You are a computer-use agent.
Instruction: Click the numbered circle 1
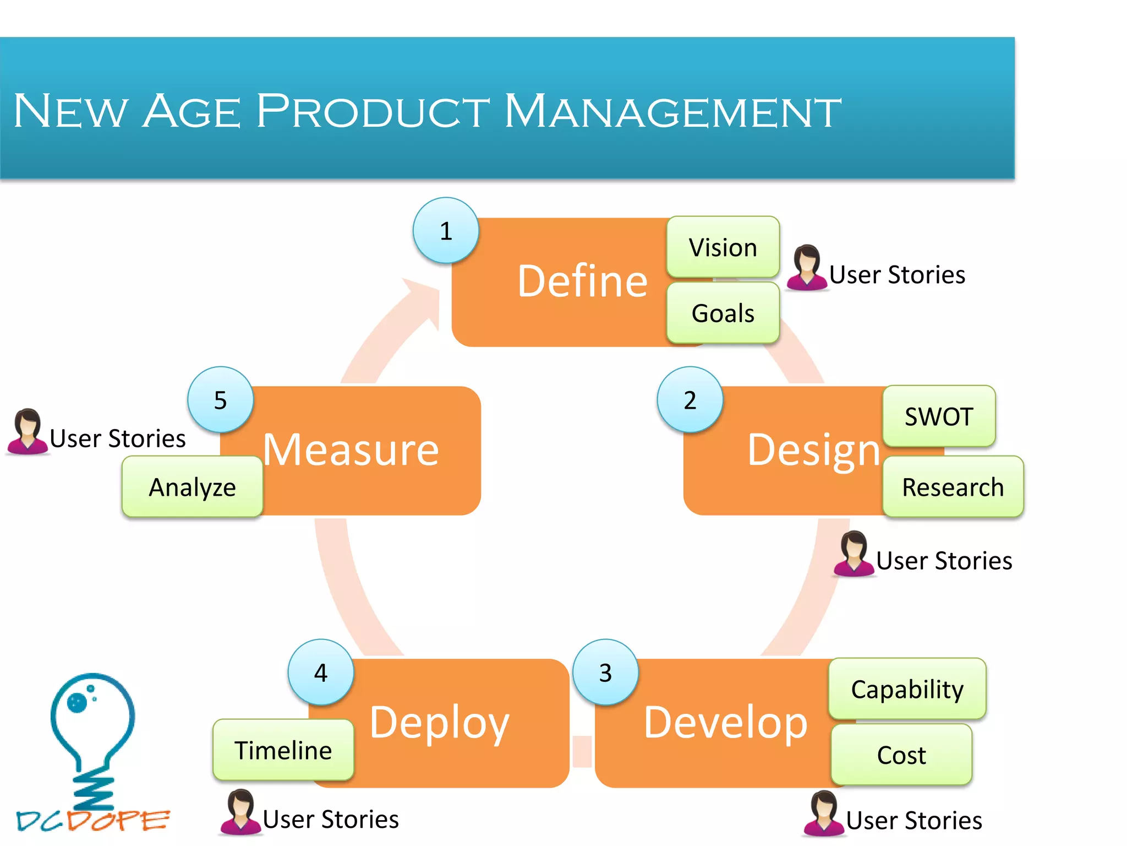[x=446, y=230]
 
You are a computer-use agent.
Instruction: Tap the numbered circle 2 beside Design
[x=690, y=399]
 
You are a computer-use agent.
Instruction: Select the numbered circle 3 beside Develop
[x=605, y=672]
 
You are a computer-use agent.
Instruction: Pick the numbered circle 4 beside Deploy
[x=321, y=672]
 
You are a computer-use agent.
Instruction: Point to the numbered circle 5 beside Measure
[x=220, y=399]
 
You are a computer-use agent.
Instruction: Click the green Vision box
[x=723, y=247]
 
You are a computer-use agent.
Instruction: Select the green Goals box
[x=723, y=313]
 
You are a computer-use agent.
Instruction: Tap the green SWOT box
[x=939, y=416]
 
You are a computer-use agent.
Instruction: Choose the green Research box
[x=953, y=486]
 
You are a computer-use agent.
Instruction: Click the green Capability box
[x=907, y=688]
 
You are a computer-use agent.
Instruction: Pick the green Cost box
[x=901, y=754]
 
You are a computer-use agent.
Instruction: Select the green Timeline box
[x=283, y=750]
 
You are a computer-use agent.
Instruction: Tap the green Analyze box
[x=192, y=487]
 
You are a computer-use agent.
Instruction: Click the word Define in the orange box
[x=582, y=281]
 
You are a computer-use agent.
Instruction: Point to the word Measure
[x=351, y=449]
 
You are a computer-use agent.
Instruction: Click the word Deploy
[x=439, y=722]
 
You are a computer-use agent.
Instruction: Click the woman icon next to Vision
[x=806, y=268]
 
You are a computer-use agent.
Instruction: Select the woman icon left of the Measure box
[x=27, y=432]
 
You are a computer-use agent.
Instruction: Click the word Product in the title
[x=373, y=111]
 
